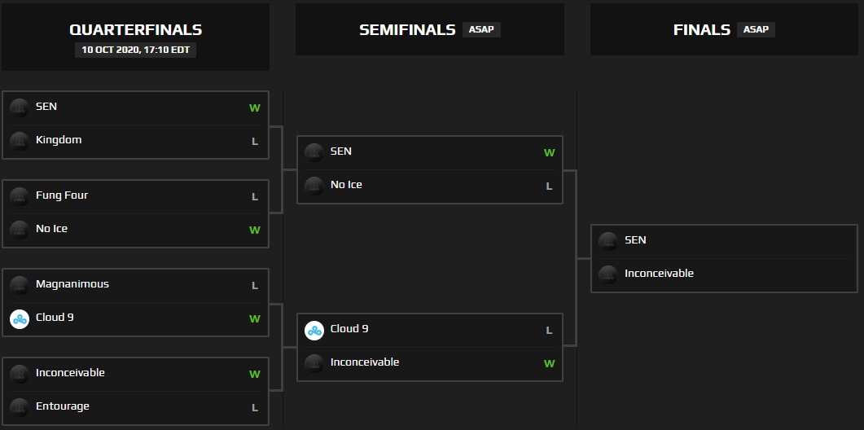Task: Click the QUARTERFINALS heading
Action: [135, 30]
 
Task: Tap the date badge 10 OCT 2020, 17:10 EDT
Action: [135, 50]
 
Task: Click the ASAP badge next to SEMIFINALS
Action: [481, 29]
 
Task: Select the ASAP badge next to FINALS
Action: [756, 29]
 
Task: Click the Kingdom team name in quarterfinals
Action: [59, 140]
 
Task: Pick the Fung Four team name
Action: [62, 195]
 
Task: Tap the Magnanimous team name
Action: [72, 284]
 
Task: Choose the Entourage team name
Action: [63, 406]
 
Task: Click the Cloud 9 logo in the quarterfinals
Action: [20, 318]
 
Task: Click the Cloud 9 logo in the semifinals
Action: [314, 330]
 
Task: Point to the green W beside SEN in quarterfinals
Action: [255, 107]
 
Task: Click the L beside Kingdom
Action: [255, 141]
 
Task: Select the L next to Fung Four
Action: [255, 196]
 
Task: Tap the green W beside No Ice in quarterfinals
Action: [255, 230]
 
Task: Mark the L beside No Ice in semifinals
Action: [549, 186]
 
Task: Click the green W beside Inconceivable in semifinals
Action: [549, 363]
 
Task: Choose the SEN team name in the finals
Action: [635, 240]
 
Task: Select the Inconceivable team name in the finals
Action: [659, 274]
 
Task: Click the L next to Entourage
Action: [255, 407]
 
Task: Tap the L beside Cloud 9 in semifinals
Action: [549, 330]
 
